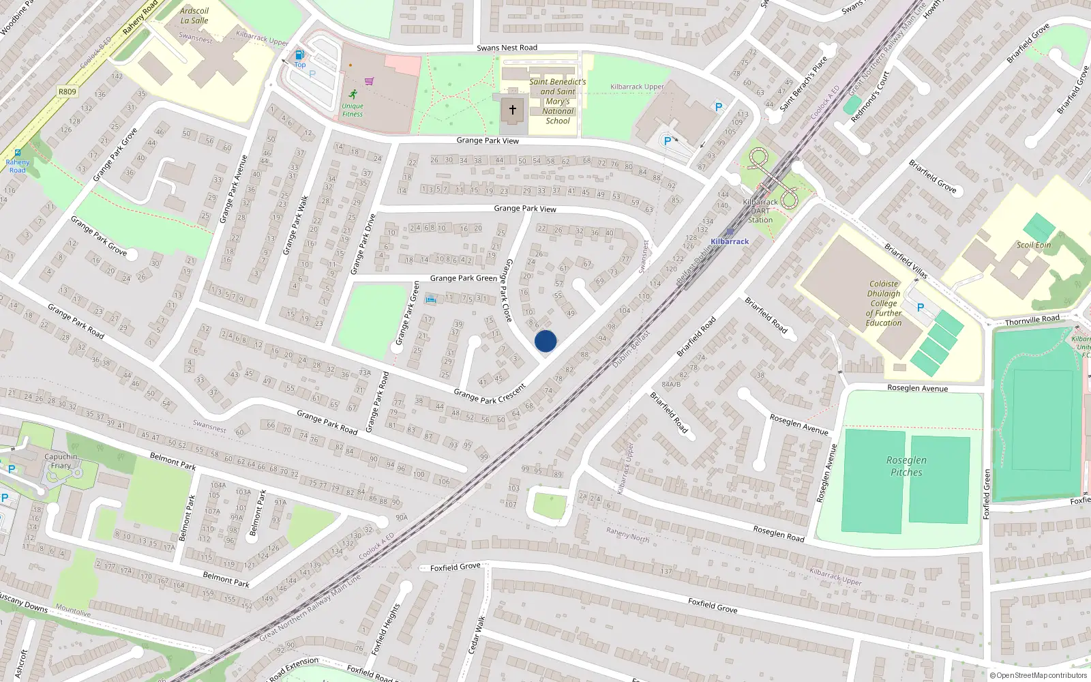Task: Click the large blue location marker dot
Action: pyautogui.click(x=545, y=341)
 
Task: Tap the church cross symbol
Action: pyautogui.click(x=513, y=109)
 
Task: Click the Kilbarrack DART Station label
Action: pyautogui.click(x=760, y=211)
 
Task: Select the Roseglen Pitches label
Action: pyautogui.click(x=906, y=466)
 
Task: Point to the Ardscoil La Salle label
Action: pyautogui.click(x=194, y=16)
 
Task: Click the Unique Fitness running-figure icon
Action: pyautogui.click(x=353, y=95)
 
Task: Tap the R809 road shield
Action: pyautogui.click(x=68, y=91)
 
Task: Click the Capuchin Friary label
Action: pyautogui.click(x=61, y=461)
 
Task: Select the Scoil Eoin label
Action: pyautogui.click(x=1034, y=245)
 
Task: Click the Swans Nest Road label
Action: pyautogui.click(x=507, y=48)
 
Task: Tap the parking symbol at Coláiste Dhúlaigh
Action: pyautogui.click(x=921, y=308)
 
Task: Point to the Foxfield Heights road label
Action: pyautogui.click(x=387, y=629)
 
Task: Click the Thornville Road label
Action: pyautogui.click(x=1032, y=320)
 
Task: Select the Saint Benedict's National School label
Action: pyautogui.click(x=558, y=101)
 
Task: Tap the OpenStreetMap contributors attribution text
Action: pyautogui.click(x=1038, y=675)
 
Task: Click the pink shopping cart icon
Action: pyautogui.click(x=370, y=81)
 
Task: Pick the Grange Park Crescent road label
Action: pyautogui.click(x=490, y=394)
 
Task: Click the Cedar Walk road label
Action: pyautogui.click(x=477, y=635)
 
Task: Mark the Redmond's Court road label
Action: pyautogui.click(x=870, y=96)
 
